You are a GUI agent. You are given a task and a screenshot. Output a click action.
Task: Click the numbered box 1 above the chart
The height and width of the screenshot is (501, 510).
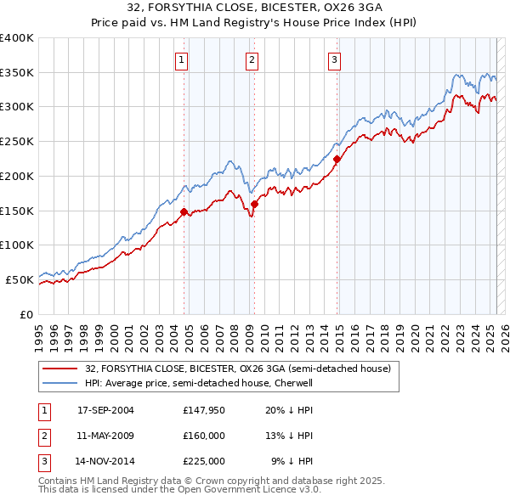click(183, 59)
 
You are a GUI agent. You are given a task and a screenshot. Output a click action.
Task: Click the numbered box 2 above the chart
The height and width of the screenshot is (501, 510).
click(253, 59)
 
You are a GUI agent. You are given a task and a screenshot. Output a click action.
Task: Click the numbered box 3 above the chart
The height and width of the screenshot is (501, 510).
click(335, 59)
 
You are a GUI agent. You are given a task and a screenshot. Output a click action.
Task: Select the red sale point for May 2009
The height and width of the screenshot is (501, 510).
click(254, 204)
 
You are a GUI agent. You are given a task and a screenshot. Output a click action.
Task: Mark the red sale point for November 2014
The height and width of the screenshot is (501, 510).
click(337, 159)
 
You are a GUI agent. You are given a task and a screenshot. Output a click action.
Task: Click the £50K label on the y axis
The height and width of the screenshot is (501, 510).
click(20, 279)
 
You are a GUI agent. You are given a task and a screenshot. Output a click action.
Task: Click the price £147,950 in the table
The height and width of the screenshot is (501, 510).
click(203, 410)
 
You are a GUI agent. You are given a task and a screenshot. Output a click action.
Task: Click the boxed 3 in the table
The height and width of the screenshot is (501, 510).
click(43, 462)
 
